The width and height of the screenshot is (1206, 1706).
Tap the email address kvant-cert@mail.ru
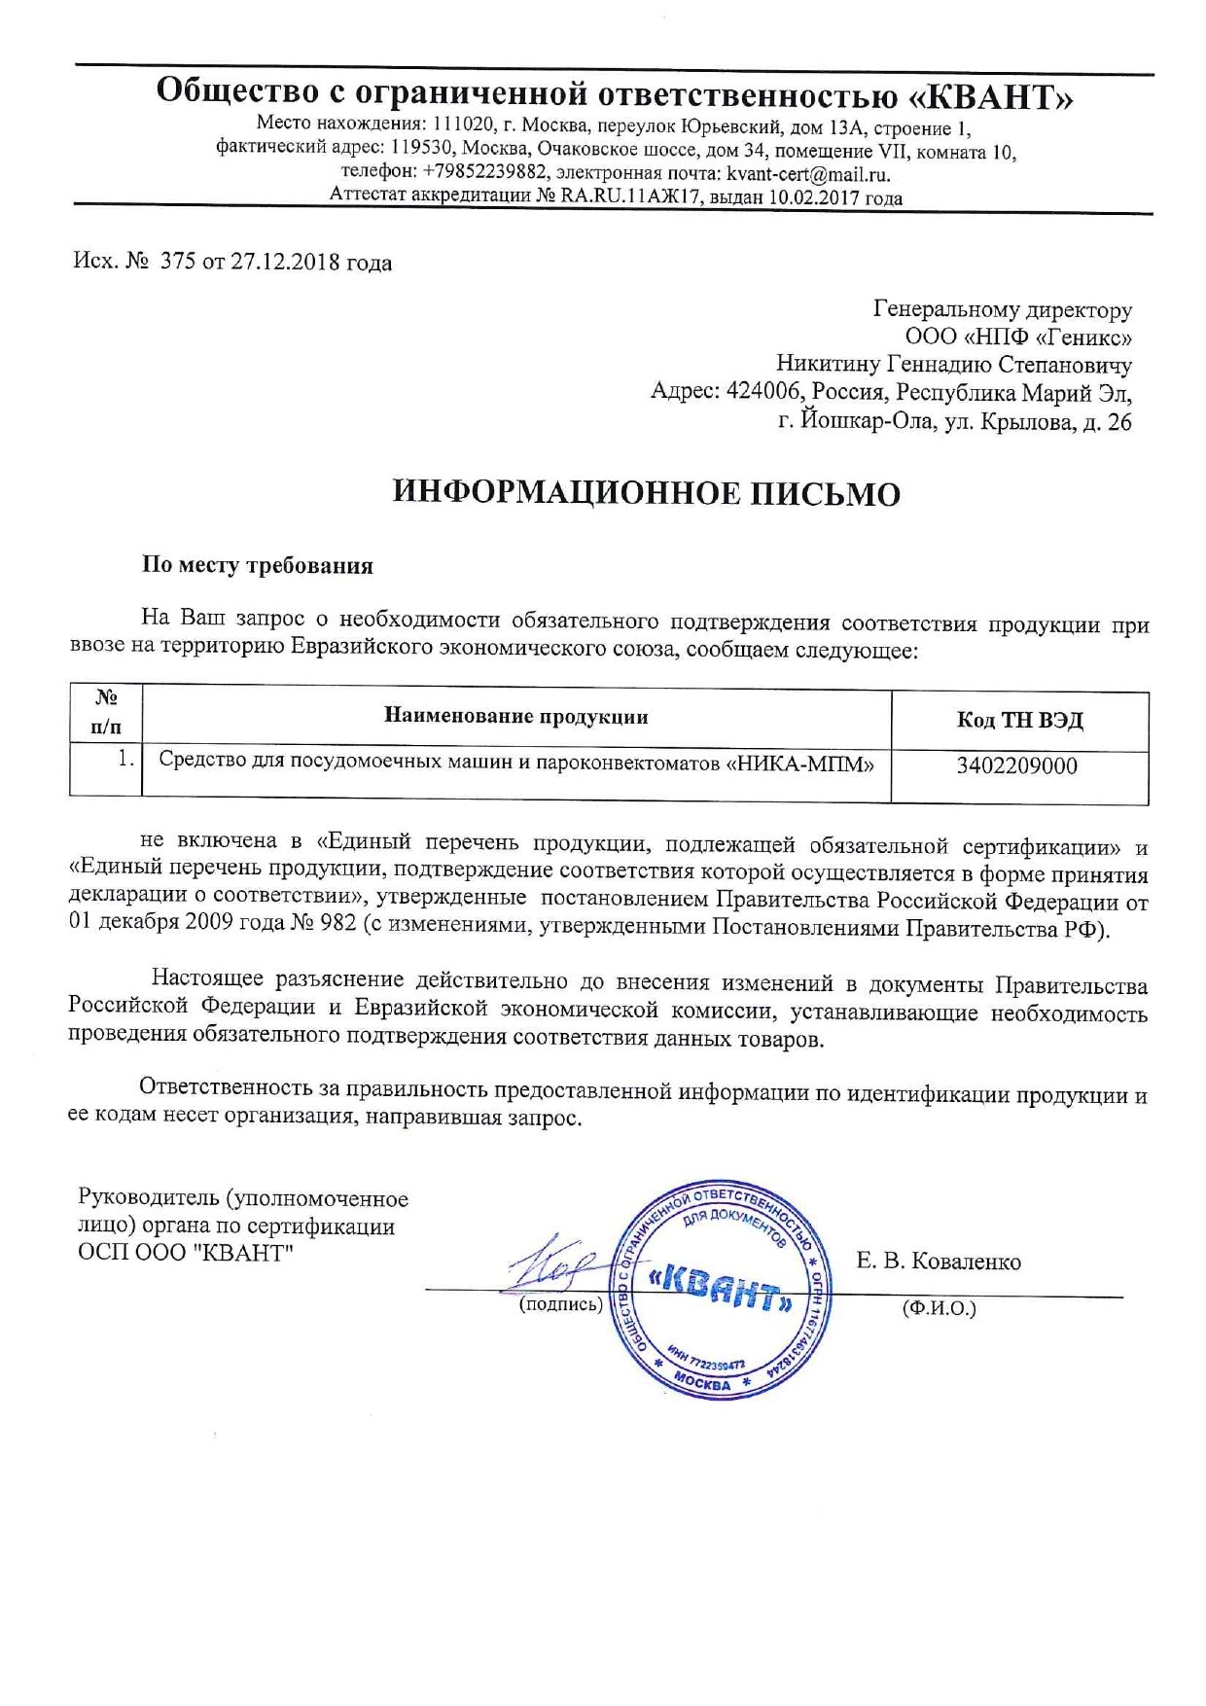(807, 174)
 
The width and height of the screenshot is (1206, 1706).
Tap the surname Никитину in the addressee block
(829, 365)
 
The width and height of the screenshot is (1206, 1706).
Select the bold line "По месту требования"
(258, 565)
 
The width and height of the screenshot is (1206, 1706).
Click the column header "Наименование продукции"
(516, 717)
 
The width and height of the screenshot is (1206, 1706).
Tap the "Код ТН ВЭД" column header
(1019, 720)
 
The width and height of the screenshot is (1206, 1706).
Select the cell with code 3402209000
(1016, 765)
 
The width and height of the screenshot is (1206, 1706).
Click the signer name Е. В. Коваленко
(939, 1262)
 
